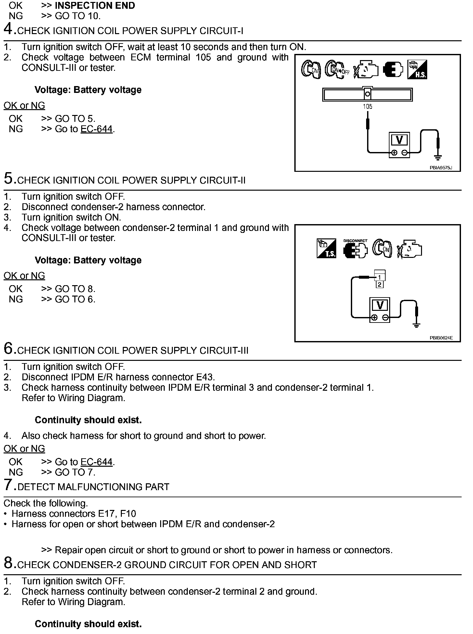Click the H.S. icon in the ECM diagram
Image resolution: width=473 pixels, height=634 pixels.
coord(417,70)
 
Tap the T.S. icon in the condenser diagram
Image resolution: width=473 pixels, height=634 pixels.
coord(326,248)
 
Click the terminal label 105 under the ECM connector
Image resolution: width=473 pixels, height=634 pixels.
coord(367,107)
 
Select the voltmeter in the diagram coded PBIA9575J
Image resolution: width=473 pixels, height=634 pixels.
coord(399,145)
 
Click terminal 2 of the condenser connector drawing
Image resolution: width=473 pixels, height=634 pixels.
coord(379,285)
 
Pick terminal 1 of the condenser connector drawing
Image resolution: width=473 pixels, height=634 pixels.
coord(379,277)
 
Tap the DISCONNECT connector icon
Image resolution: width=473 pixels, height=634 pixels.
coord(355,249)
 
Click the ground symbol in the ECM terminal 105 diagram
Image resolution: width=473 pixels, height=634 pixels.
coord(438,158)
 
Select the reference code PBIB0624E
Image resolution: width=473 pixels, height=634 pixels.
coord(441,338)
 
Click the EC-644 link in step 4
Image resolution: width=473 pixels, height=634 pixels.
coord(96,129)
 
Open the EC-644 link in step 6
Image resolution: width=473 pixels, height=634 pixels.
coord(96,462)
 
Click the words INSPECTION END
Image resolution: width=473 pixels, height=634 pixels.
coord(95,6)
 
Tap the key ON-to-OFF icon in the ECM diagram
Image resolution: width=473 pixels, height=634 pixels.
coord(337,70)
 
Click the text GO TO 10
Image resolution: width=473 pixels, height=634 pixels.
coord(78,16)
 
